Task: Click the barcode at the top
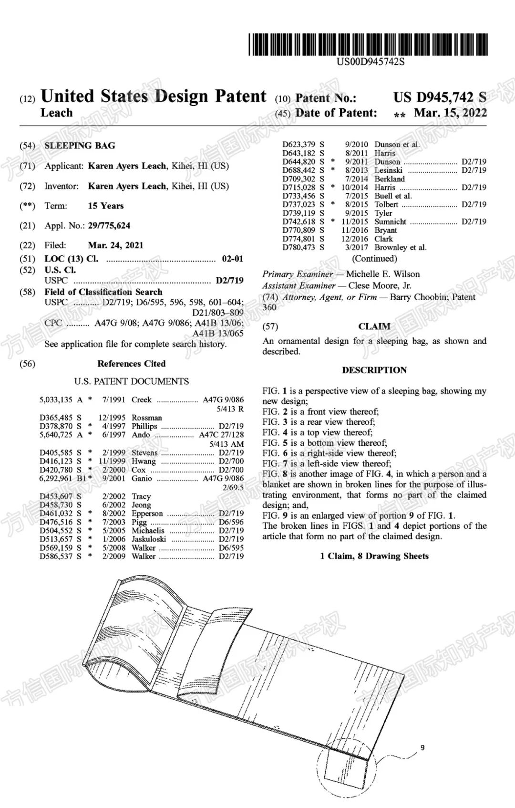[x=368, y=45]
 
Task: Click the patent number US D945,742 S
[x=440, y=97]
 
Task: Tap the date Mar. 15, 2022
[x=450, y=113]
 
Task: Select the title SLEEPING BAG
[x=80, y=146]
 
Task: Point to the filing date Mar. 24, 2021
[x=115, y=245]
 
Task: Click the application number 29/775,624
[x=109, y=225]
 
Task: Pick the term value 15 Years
[x=105, y=206]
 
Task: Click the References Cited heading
[x=131, y=364]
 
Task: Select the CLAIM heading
[x=374, y=326]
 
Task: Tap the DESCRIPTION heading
[x=374, y=370]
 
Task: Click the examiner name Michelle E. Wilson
[x=382, y=274]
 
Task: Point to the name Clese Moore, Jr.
[x=380, y=285]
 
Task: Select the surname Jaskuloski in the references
[x=149, y=539]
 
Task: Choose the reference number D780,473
[x=299, y=247]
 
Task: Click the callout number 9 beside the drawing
[x=422, y=747]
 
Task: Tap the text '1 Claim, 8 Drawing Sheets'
[x=374, y=556]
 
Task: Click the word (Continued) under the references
[x=374, y=259]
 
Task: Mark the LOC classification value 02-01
[x=233, y=259]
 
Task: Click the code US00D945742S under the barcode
[x=371, y=62]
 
